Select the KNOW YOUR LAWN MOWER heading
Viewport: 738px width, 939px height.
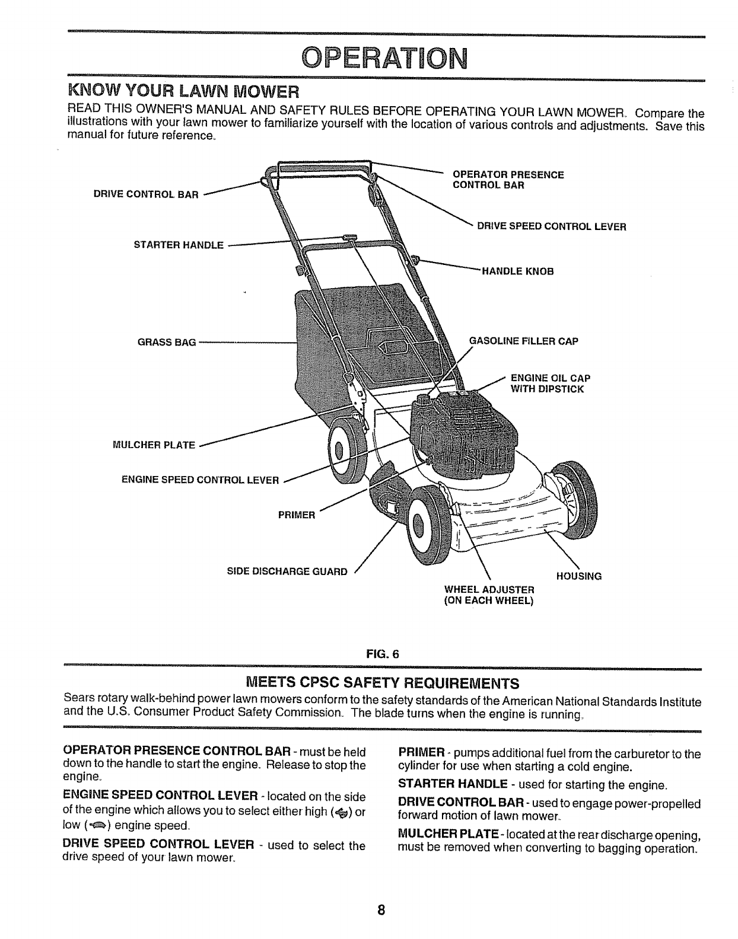pyautogui.click(x=183, y=93)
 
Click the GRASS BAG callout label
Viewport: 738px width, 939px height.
pyautogui.click(x=167, y=343)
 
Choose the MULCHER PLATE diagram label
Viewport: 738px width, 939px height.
pyautogui.click(x=154, y=445)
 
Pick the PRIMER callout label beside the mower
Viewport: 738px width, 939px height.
pyautogui.click(x=297, y=515)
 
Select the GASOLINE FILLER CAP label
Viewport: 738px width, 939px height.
pyautogui.click(x=523, y=341)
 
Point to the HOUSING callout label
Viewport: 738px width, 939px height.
pyautogui.click(x=578, y=576)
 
